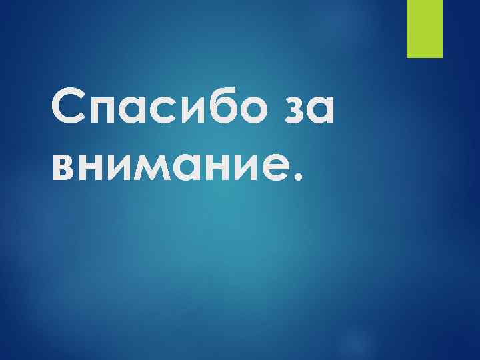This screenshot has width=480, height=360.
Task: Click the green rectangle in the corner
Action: [425, 28]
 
